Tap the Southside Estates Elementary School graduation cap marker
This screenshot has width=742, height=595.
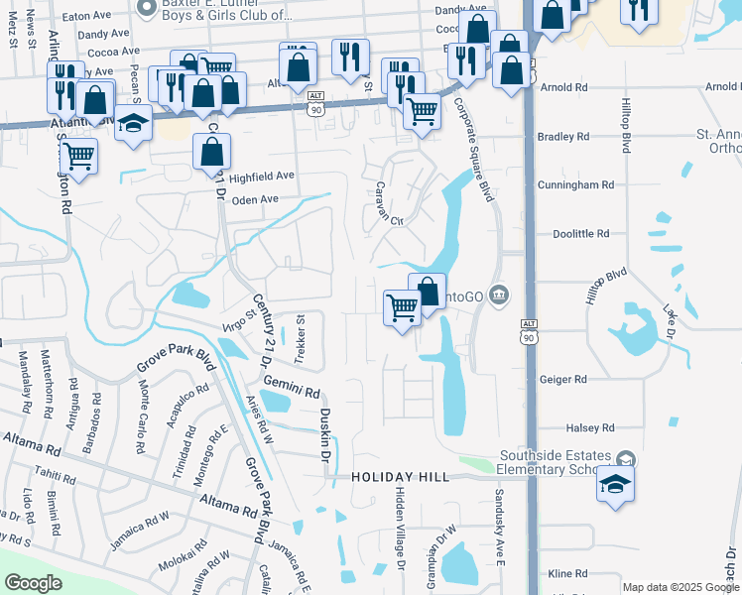(615, 485)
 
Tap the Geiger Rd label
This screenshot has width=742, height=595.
(563, 379)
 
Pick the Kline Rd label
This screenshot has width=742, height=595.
(567, 573)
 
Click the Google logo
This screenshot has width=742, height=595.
(33, 583)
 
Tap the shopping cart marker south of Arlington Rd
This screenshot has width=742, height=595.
(78, 156)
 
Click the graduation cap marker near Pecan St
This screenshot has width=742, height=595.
(133, 123)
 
